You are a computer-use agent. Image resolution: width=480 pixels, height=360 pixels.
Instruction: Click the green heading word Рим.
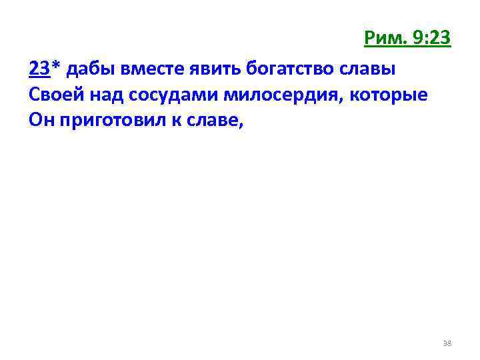383,39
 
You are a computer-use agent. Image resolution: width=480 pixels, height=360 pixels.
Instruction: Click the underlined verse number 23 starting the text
38,69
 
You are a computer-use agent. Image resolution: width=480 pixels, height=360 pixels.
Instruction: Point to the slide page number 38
447,343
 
